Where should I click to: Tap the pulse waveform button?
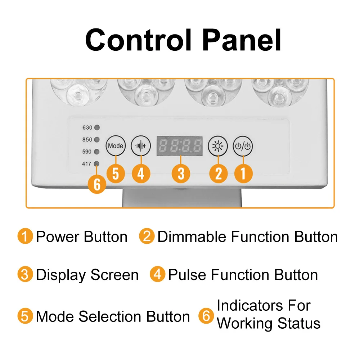141,146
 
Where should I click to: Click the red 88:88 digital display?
179,146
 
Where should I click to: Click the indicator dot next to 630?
97,128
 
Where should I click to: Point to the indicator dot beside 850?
97,140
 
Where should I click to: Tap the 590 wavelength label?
87,152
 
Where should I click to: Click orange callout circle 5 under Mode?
116,174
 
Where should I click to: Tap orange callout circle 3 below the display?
181,174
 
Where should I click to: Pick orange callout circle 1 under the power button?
243,174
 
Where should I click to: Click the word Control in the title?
139,40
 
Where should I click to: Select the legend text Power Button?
82,237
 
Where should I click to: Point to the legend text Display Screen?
87,275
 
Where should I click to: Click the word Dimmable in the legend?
192,237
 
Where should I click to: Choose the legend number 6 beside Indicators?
206,316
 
